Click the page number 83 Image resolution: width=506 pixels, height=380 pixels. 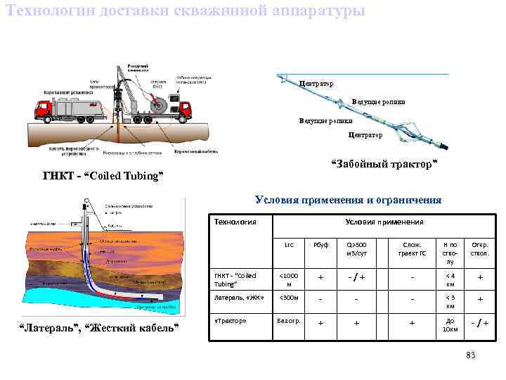[471, 355]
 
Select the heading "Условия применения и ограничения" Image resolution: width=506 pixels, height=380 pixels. [348, 200]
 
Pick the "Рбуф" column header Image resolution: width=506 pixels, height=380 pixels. [320, 244]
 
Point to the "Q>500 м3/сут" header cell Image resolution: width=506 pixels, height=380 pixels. [357, 248]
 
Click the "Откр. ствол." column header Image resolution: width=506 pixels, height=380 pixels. [480, 248]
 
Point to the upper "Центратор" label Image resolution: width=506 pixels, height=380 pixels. [316, 84]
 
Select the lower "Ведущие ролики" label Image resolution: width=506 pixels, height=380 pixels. [325, 120]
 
